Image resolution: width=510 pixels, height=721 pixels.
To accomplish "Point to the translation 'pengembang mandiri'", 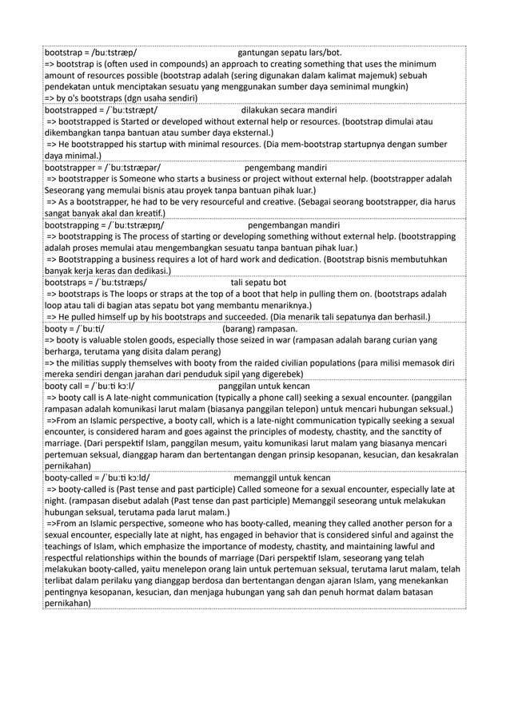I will pos(285,168).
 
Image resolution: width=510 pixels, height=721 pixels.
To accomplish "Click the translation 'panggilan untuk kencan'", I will pos(264,386).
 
